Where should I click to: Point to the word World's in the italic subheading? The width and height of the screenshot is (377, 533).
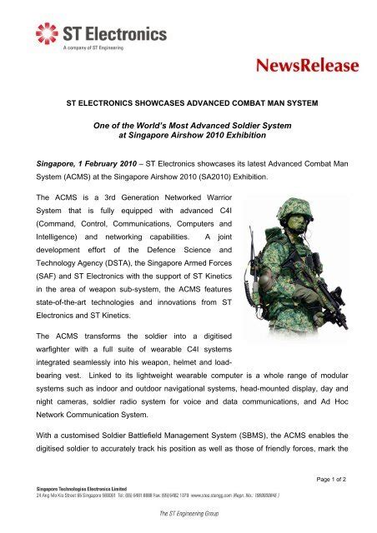pyautogui.click(x=170, y=123)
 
